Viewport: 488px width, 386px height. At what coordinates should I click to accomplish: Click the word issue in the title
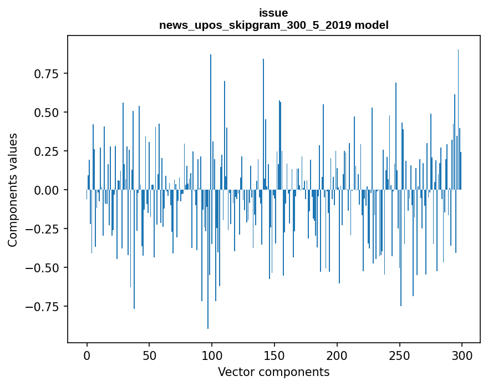pyautogui.click(x=273, y=13)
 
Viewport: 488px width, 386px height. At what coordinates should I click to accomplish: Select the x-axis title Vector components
pyautogui.click(x=273, y=372)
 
